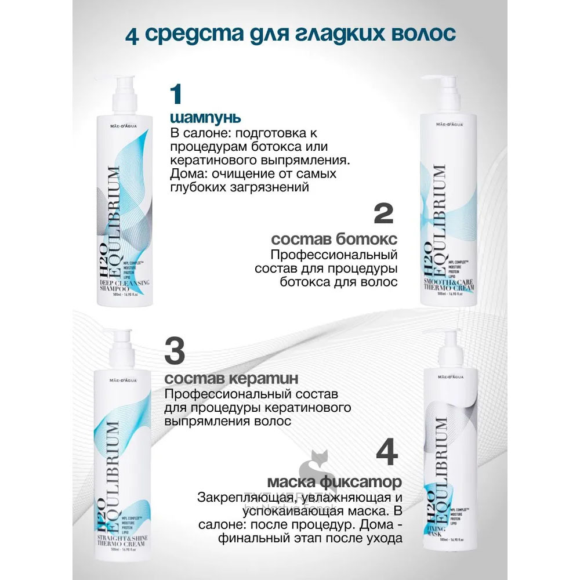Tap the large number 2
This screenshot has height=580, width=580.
[383, 214]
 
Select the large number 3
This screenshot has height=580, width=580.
[176, 350]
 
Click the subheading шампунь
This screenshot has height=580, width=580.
[198, 118]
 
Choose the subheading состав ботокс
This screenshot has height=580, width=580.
[334, 240]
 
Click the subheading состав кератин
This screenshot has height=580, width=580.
[232, 379]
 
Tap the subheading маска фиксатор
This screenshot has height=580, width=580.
[335, 482]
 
